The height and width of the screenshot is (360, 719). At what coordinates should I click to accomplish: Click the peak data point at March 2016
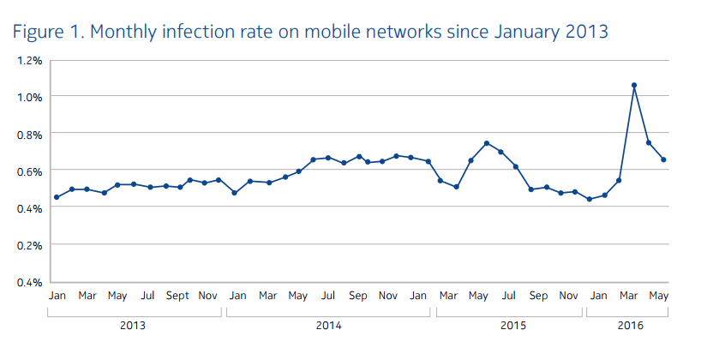click(x=633, y=86)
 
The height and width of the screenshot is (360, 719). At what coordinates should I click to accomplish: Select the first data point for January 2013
click(x=56, y=197)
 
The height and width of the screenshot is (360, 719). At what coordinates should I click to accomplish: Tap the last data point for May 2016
click(x=664, y=159)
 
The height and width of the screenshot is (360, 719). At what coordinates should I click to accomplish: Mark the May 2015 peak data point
click(x=486, y=143)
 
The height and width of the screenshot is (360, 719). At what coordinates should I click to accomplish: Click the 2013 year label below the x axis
click(x=132, y=326)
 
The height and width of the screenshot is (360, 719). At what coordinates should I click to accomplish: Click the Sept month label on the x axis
click(x=177, y=296)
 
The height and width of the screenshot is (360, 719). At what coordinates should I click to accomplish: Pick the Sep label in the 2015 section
click(x=538, y=296)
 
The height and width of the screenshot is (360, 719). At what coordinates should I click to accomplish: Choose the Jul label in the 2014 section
click(x=327, y=296)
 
